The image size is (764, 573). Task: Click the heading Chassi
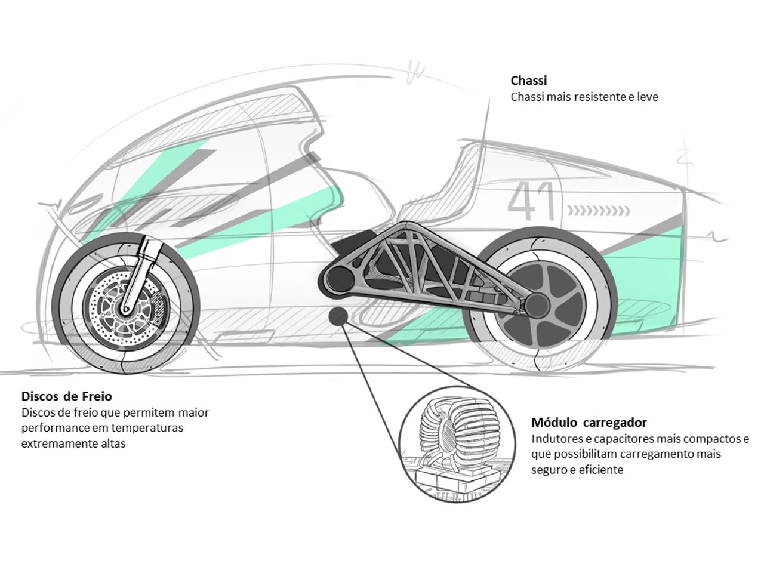coord(528,81)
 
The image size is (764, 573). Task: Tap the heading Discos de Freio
coord(66,396)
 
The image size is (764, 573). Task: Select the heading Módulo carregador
coord(589,423)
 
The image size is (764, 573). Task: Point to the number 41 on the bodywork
coord(532,201)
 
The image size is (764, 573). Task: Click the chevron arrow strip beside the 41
coord(599,210)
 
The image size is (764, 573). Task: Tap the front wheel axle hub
coord(126,309)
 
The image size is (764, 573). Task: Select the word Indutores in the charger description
coord(554,439)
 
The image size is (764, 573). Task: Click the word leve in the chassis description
coord(647,97)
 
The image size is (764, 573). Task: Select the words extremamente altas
coord(73,444)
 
